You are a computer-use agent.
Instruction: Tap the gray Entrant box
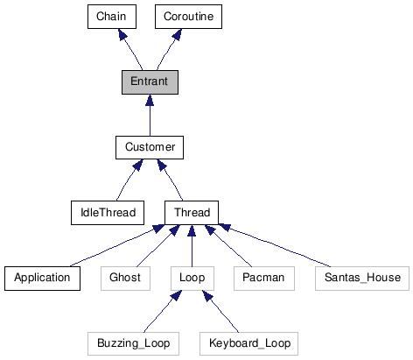(150, 81)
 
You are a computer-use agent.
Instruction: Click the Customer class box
(150, 147)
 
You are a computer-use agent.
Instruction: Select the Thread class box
(192, 212)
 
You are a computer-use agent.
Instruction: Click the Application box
(42, 278)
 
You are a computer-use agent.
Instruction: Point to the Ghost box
(125, 278)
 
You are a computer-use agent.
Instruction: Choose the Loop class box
(192, 278)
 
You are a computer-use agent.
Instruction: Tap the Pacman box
(258, 278)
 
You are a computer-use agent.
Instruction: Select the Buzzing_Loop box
(134, 342)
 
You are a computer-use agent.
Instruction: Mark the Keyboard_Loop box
(248, 342)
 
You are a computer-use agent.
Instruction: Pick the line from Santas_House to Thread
(280, 246)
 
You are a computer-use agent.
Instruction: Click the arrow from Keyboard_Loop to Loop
(220, 311)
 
